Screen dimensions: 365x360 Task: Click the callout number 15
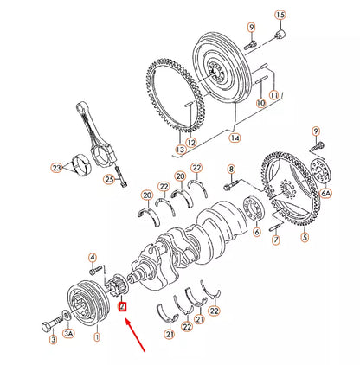[280, 16]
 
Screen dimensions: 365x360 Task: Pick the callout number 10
[260, 103]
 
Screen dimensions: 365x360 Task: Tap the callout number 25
[109, 179]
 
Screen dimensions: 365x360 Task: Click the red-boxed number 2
[122, 305]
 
